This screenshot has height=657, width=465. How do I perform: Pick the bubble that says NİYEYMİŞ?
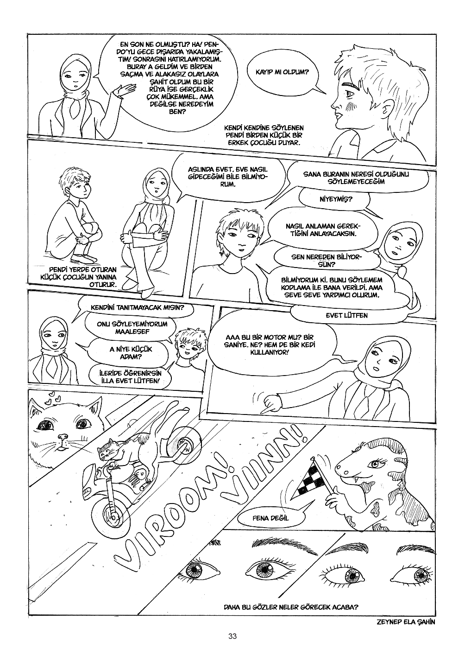336,199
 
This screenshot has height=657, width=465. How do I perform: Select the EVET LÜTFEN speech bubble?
346,316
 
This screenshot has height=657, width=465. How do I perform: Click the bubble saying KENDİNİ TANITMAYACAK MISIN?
137,308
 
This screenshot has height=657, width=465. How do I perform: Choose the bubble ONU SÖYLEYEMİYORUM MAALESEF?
132,328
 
